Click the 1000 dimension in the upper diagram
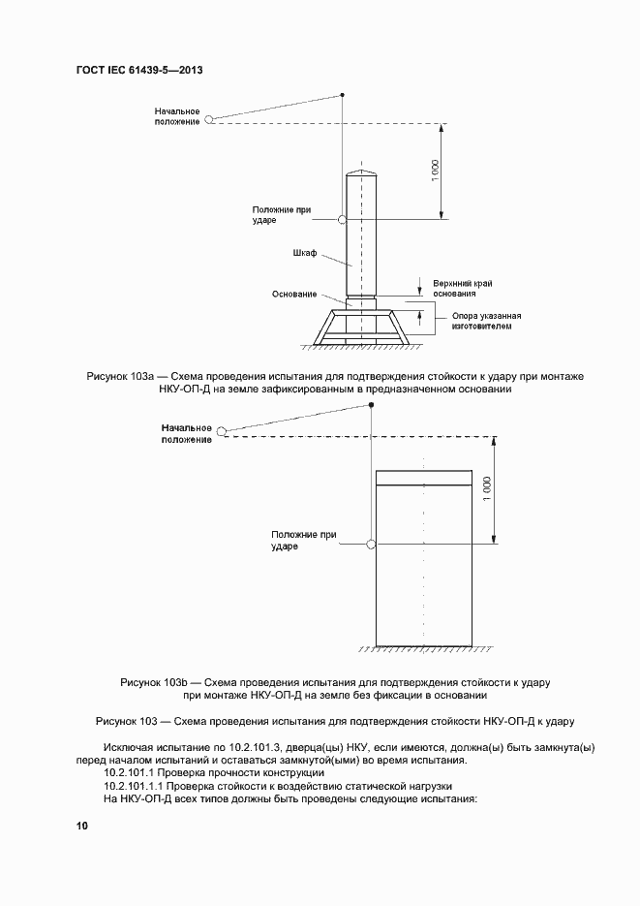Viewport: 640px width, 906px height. pyautogui.click(x=436, y=169)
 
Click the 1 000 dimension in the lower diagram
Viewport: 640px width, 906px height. pyautogui.click(x=487, y=486)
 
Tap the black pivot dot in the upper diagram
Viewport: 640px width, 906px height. pyautogui.click(x=342, y=94)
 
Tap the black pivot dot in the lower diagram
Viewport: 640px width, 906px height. pyautogui.click(x=371, y=405)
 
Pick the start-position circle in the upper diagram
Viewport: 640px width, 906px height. pyautogui.click(x=207, y=120)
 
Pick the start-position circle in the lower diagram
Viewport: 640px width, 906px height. pyautogui.click(x=222, y=431)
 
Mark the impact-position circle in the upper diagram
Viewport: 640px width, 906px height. pyautogui.click(x=342, y=220)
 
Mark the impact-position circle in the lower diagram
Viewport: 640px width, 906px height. pyautogui.click(x=371, y=545)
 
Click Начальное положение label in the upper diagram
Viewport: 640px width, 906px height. pyautogui.click(x=177, y=116)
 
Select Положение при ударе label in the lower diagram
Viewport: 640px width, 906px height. pyautogui.click(x=303, y=540)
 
